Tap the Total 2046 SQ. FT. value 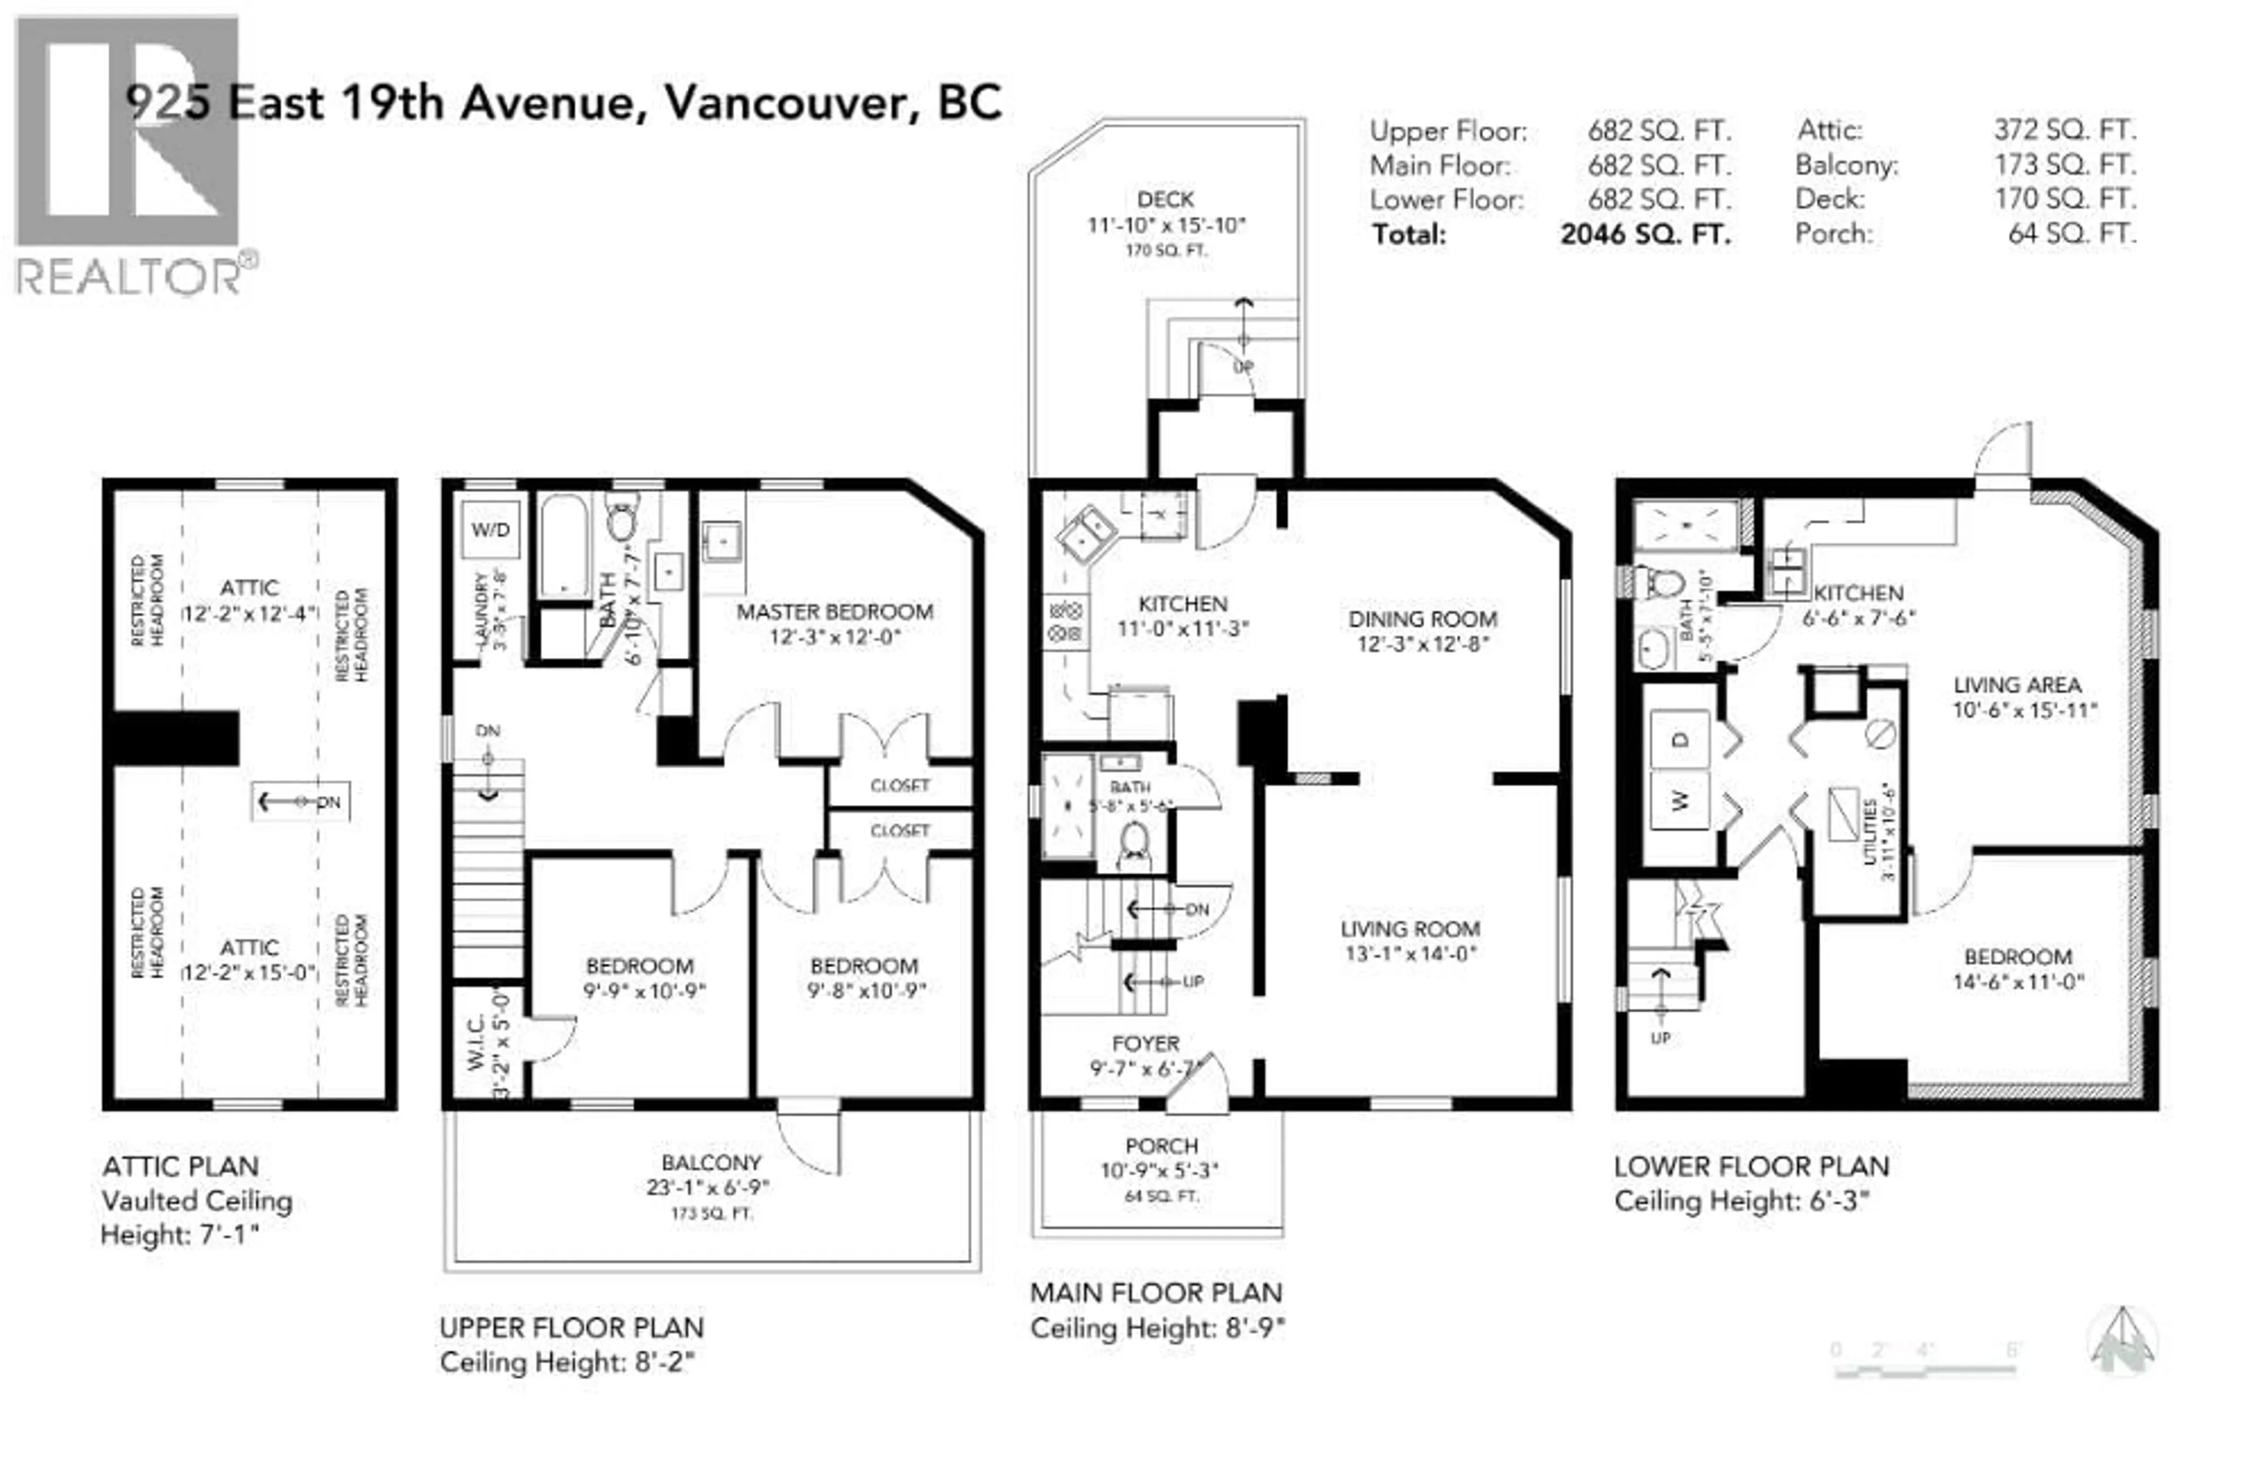tap(1645, 234)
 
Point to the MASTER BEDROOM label tap(834, 611)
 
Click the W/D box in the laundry tap(490, 530)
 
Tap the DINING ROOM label tap(1422, 619)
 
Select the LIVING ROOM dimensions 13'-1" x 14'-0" tap(1410, 953)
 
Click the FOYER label tap(1145, 1043)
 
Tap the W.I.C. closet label tap(475, 1043)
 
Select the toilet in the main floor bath tap(1133, 843)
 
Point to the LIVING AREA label tap(2016, 685)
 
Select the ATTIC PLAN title tap(180, 1167)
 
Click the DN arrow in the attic tap(300, 802)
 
